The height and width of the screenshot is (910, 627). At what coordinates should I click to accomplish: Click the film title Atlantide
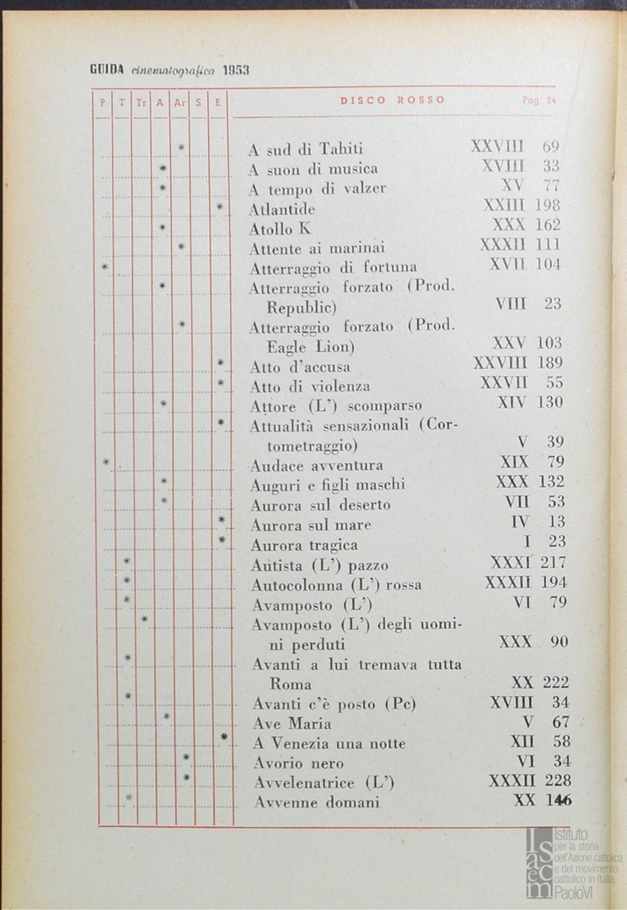coord(282,208)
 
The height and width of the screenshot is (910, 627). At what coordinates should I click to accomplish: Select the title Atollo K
coord(281,228)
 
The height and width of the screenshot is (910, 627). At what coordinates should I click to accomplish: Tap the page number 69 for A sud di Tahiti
coord(551,147)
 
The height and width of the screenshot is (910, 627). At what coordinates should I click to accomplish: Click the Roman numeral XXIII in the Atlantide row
coord(504,205)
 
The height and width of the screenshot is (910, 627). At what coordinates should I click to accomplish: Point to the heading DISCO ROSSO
coord(393,100)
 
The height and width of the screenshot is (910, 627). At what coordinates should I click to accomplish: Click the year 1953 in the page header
coord(236,71)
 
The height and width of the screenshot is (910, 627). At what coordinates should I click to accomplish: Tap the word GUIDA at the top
coord(108,71)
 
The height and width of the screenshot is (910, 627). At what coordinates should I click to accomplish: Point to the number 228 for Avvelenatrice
coord(557,780)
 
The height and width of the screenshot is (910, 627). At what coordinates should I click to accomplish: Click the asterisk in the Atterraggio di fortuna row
coord(105,267)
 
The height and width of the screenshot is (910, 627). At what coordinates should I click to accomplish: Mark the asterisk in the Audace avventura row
coord(106,462)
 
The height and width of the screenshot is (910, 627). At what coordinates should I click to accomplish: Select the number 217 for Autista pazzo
coord(553,562)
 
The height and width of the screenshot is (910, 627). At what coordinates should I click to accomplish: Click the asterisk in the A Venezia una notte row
coord(223,737)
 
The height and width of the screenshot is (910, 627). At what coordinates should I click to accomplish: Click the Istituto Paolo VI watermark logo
coord(569,861)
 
